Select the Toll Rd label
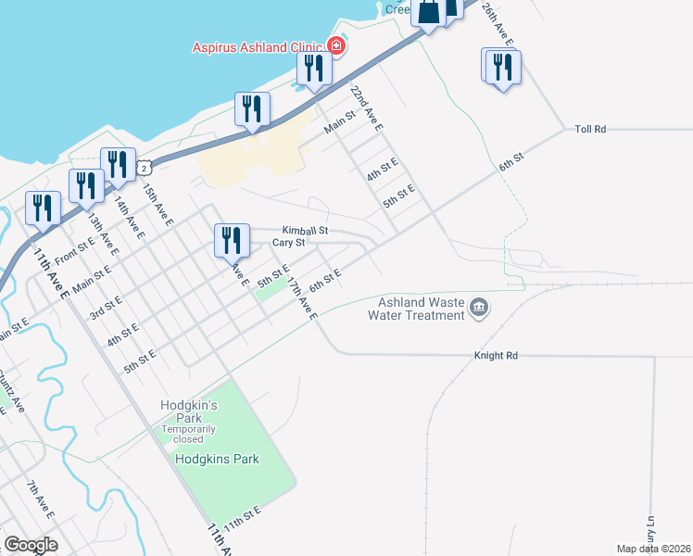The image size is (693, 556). pyautogui.click(x=590, y=130)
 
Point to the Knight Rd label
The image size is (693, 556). pyautogui.click(x=496, y=355)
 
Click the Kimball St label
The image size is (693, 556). pyautogui.click(x=305, y=229)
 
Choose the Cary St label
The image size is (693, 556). pyautogui.click(x=288, y=243)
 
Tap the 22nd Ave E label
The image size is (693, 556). pyautogui.click(x=366, y=107)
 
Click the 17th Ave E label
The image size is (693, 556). pyautogui.click(x=302, y=297)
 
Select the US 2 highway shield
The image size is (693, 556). pyautogui.click(x=143, y=166)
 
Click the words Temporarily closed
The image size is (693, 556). pyautogui.click(x=189, y=435)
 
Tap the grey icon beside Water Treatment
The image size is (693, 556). pyautogui.click(x=479, y=308)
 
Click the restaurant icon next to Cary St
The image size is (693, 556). pyautogui.click(x=232, y=240)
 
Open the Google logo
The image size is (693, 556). pyautogui.click(x=31, y=545)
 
